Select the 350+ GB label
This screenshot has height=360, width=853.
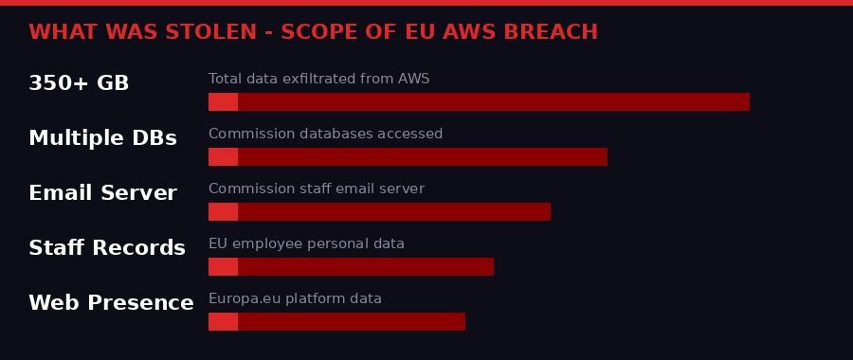pyautogui.click(x=79, y=83)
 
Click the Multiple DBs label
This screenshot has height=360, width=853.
pyautogui.click(x=102, y=138)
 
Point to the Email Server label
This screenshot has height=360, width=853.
pyautogui.click(x=102, y=193)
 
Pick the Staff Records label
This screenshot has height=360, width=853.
pyautogui.click(x=107, y=248)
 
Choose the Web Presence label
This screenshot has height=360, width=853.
pyautogui.click(x=111, y=303)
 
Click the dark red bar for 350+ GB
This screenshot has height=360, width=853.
pyautogui.click(x=493, y=101)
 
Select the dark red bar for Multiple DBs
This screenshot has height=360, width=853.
pyautogui.click(x=422, y=156)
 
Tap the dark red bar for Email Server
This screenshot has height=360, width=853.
pyautogui.click(x=393, y=211)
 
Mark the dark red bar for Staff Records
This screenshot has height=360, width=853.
pyautogui.click(x=365, y=266)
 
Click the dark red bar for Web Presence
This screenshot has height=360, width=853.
pyautogui.click(x=351, y=321)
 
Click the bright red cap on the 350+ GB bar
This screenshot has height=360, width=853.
pyautogui.click(x=223, y=101)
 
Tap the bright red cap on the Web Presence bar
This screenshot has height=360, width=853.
pyautogui.click(x=223, y=321)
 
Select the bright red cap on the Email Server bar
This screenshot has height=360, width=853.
pyautogui.click(x=223, y=211)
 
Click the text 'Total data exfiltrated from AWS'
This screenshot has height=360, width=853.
pyautogui.click(x=318, y=79)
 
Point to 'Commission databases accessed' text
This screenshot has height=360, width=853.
pyautogui.click(x=325, y=134)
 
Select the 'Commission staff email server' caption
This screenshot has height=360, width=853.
pyautogui.click(x=316, y=189)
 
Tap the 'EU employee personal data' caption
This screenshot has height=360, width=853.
pyautogui.click(x=306, y=243)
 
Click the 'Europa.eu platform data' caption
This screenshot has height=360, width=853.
pyautogui.click(x=295, y=298)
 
